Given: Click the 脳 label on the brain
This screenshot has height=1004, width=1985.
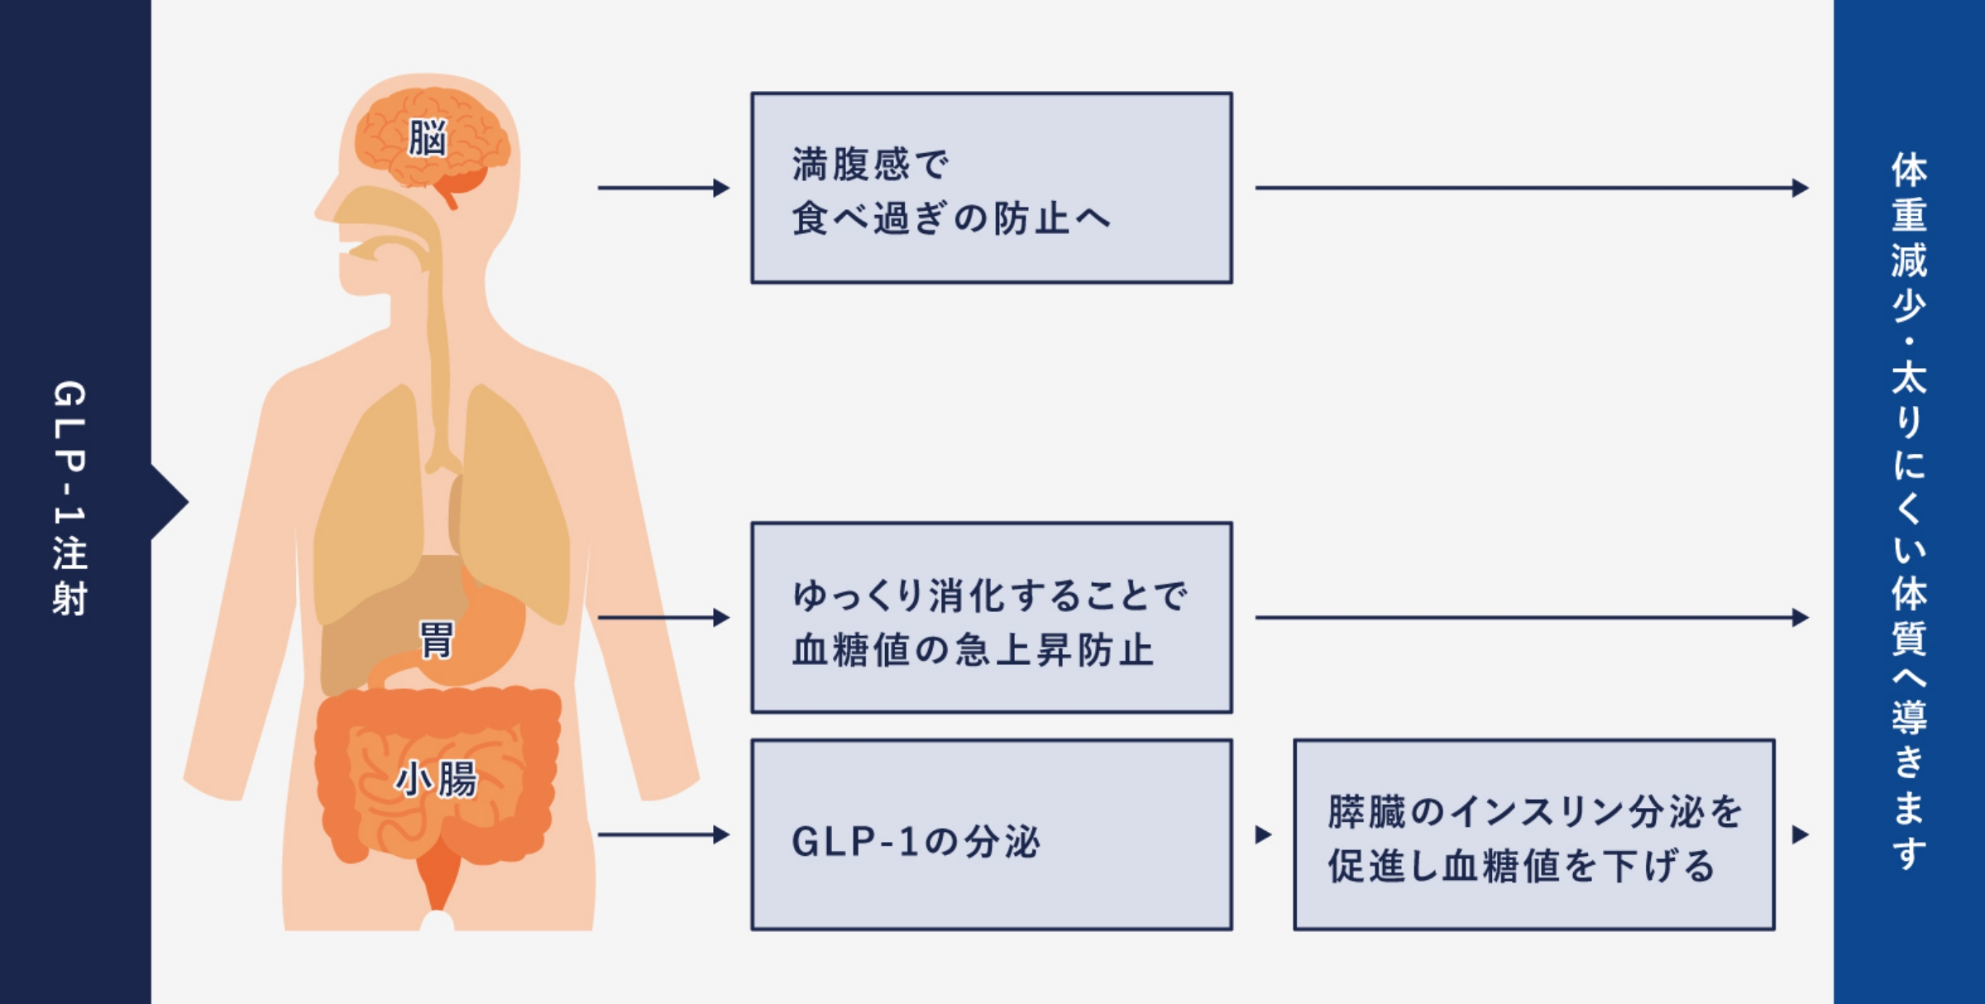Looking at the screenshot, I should (427, 138).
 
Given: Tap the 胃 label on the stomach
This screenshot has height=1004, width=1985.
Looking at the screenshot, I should (436, 640).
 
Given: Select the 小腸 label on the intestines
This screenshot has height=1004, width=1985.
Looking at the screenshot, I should (436, 779).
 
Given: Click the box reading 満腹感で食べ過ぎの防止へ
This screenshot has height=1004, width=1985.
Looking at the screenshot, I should (991, 188).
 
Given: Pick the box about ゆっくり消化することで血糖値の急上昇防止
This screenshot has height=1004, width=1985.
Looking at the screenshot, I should (991, 617).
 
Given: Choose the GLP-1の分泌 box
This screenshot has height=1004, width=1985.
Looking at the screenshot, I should (991, 834).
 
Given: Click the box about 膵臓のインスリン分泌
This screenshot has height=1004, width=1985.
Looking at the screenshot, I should (1533, 834).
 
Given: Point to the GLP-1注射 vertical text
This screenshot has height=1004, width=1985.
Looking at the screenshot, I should (69, 499).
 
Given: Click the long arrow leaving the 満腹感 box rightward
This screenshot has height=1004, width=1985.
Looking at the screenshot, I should (1530, 188).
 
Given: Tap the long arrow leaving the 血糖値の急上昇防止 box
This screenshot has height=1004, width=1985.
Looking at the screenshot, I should (1530, 617).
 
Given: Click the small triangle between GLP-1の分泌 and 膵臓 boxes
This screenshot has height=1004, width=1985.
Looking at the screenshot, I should (1262, 834).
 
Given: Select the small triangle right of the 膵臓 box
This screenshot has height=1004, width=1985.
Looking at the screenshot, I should (1800, 834).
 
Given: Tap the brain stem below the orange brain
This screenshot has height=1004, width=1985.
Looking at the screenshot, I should (449, 198).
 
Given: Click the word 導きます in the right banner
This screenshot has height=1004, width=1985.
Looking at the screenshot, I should (1909, 782).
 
